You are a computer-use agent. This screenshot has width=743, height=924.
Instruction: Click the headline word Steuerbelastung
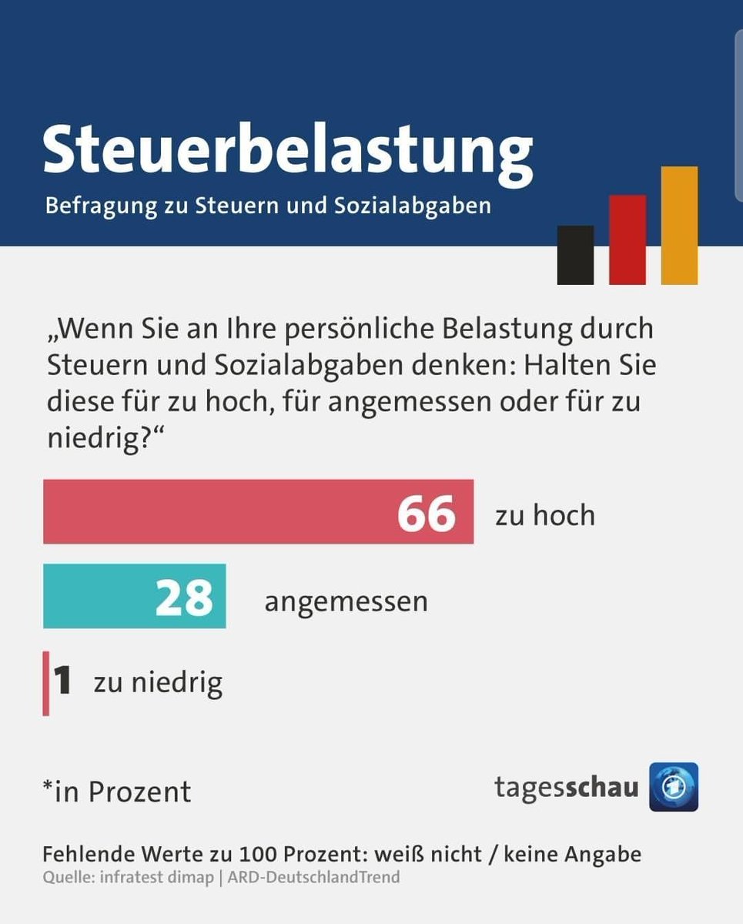click(287, 150)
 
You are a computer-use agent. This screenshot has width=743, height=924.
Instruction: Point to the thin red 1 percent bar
click(46, 683)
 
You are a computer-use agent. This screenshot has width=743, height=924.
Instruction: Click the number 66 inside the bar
click(427, 513)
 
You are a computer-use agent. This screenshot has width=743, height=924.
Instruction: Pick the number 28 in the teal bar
click(184, 597)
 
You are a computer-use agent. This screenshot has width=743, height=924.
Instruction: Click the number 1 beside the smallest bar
click(62, 682)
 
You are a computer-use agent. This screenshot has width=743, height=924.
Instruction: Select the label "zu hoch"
click(545, 515)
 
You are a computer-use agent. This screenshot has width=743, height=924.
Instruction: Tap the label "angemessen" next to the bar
click(346, 601)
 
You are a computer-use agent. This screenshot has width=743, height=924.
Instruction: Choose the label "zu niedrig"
click(158, 682)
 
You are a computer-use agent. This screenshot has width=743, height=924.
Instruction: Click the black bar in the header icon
click(575, 255)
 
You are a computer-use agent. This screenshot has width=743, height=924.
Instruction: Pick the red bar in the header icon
click(628, 239)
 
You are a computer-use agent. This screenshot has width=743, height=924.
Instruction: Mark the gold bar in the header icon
click(679, 226)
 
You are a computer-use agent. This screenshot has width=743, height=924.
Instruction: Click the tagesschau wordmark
click(566, 788)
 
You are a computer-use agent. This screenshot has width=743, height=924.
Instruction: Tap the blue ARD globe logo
click(674, 787)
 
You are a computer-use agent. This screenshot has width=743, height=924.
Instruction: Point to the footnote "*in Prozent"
click(117, 792)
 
